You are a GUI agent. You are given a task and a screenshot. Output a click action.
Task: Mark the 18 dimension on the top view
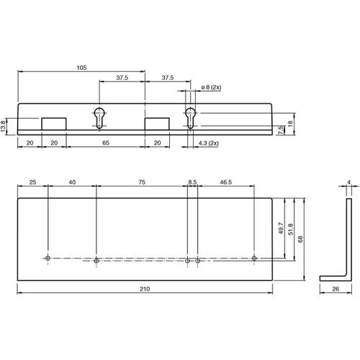click(x=291, y=123)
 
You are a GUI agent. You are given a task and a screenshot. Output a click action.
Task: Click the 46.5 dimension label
click(x=225, y=184)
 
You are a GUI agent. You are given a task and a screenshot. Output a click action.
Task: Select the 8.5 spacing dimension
click(x=192, y=184)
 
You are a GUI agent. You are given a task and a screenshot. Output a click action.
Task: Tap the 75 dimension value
click(x=141, y=184)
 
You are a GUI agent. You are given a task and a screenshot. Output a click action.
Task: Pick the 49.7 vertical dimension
click(x=280, y=229)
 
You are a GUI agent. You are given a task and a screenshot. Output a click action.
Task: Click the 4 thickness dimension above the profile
click(x=348, y=183)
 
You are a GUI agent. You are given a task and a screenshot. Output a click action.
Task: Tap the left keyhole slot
click(x=98, y=117)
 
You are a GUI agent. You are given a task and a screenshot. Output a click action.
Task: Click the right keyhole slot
click(x=190, y=117)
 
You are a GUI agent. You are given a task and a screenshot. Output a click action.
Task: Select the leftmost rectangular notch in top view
click(x=54, y=124)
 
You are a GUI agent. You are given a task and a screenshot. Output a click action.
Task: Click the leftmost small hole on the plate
click(x=48, y=258)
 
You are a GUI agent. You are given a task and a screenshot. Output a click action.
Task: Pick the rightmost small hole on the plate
click(x=254, y=258)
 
